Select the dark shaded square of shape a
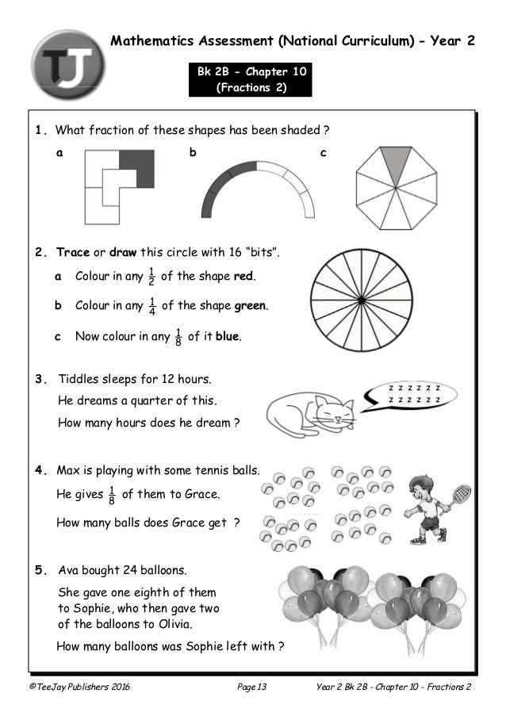coord(136,168)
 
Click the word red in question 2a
coord(243,278)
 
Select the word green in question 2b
coord(250,305)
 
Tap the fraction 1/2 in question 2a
coord(150,277)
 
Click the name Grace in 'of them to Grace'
coord(199,494)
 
